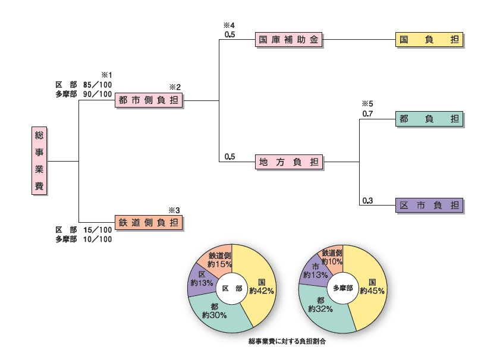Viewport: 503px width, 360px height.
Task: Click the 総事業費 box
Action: pos(39,161)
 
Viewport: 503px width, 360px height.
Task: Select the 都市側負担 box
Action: pos(149,100)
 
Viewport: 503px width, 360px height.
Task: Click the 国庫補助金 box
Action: pos(289,40)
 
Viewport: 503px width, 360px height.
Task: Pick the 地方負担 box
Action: pos(289,162)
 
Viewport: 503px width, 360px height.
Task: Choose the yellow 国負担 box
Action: pos(429,40)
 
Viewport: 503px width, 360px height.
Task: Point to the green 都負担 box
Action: pos(429,119)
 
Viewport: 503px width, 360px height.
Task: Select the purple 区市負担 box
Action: pos(429,206)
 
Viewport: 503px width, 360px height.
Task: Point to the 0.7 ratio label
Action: pos(367,113)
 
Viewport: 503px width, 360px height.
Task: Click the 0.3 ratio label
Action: pos(367,200)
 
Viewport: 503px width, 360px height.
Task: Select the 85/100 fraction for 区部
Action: pos(98,85)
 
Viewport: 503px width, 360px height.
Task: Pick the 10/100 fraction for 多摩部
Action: pos(98,239)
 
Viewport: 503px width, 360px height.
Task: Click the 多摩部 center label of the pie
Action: pos(343,288)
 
